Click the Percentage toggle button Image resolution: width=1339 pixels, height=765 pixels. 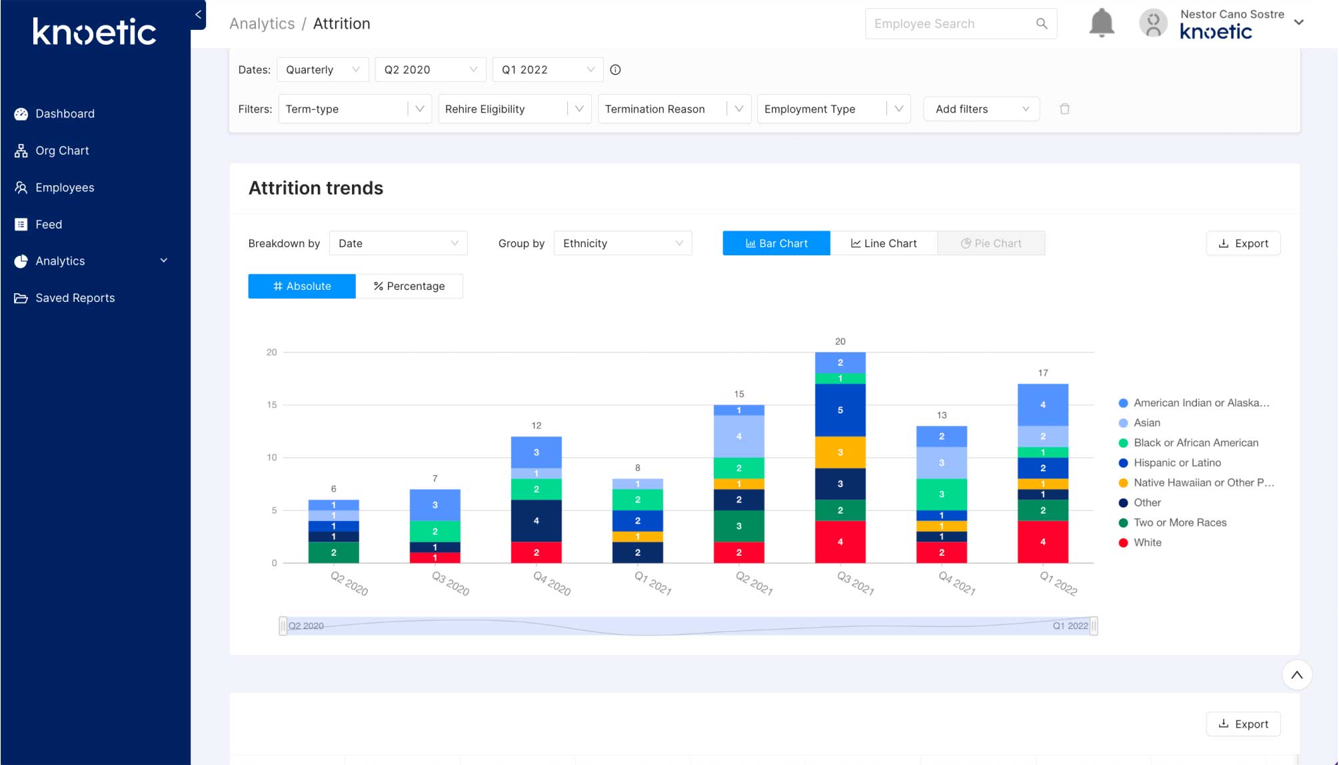[409, 286]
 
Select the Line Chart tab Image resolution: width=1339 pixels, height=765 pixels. [883, 243]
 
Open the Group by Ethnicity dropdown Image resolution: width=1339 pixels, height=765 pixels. [623, 243]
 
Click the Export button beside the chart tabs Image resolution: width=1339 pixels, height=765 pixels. [1243, 243]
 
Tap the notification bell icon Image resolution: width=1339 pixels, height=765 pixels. [1101, 23]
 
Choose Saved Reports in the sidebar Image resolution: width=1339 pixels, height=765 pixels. [75, 298]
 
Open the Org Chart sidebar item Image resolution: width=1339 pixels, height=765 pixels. [62, 151]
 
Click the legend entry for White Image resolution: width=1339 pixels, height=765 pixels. [1147, 542]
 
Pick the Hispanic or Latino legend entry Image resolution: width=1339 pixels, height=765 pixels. [1177, 462]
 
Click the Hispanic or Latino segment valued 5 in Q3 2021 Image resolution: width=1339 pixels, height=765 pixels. [840, 410]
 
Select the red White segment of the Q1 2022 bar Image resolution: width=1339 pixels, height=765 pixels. [1042, 542]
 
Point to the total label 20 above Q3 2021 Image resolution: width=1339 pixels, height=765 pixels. [840, 341]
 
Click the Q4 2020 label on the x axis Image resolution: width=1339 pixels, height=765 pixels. [552, 584]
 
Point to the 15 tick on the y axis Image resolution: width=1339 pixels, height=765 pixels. [272, 404]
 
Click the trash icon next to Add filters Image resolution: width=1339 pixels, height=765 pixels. [1064, 109]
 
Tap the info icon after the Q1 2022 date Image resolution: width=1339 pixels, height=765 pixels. [615, 70]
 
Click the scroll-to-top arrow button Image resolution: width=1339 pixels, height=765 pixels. [1296, 675]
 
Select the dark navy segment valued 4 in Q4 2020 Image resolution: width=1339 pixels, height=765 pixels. [536, 520]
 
